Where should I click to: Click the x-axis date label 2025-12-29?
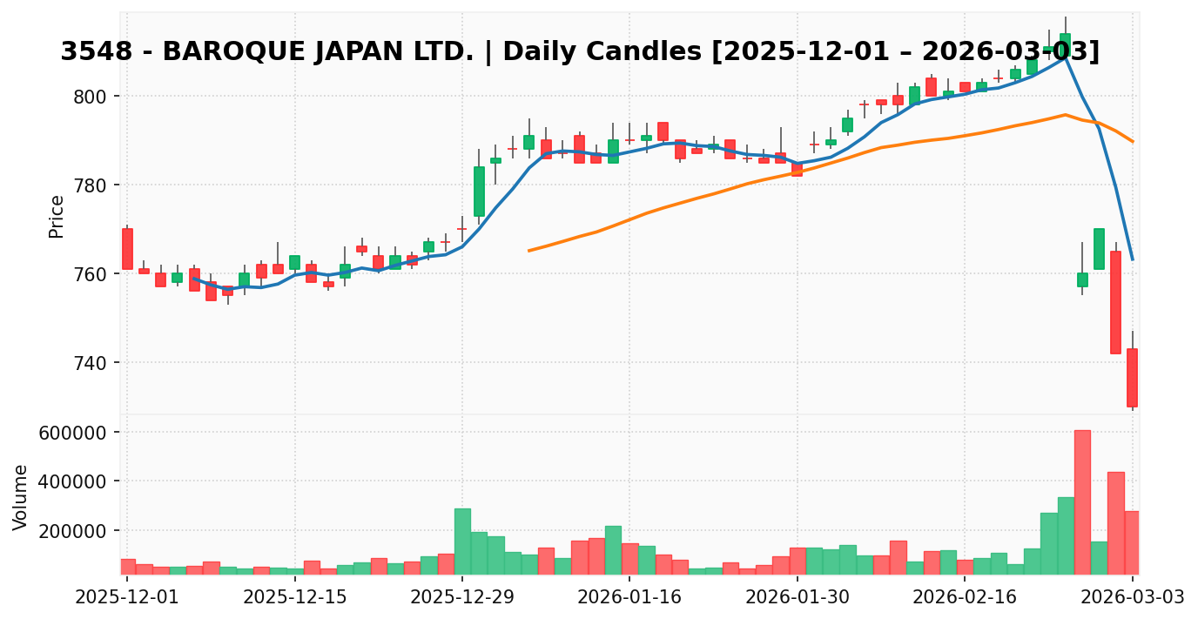(x=461, y=597)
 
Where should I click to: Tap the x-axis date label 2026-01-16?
(x=629, y=597)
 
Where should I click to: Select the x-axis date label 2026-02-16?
(x=965, y=597)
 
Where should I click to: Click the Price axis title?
(x=57, y=216)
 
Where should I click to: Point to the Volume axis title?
(x=21, y=497)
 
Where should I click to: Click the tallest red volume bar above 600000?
(x=1082, y=501)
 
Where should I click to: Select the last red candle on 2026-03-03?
(x=1132, y=378)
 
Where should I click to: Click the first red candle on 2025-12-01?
(x=127, y=249)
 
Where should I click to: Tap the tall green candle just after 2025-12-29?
(x=479, y=192)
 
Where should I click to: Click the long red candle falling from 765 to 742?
(x=1115, y=302)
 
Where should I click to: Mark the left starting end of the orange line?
(x=528, y=251)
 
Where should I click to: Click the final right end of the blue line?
(x=1132, y=259)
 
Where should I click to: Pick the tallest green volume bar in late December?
(x=462, y=541)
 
